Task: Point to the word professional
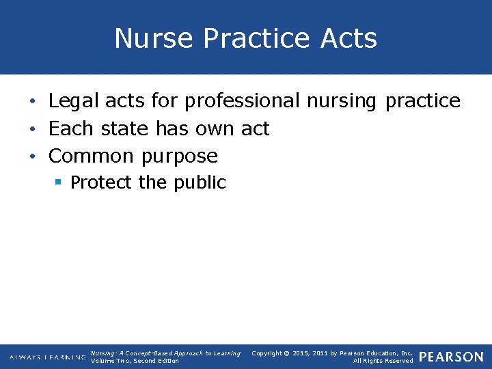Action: [243, 101]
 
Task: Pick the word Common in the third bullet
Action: [91, 156]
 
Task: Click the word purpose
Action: [179, 156]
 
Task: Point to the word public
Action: [200, 182]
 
